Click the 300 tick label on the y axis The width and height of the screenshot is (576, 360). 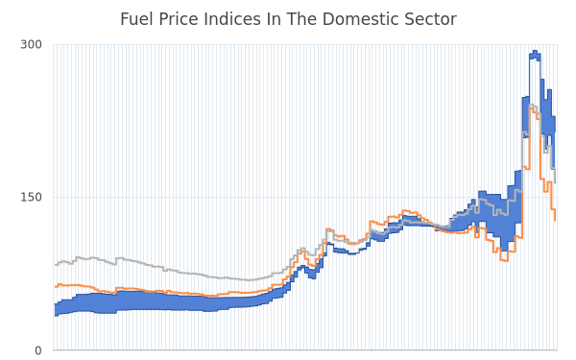pos(32,45)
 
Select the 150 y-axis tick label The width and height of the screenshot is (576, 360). pos(32,198)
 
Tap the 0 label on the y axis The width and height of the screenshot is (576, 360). pos(38,350)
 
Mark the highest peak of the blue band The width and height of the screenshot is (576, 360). pos(535,51)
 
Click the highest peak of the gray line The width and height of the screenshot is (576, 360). pos(531,105)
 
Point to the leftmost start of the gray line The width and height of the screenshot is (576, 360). pos(56,265)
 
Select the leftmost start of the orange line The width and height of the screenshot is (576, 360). pos(56,286)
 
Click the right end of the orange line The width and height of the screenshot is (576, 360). pos(555,220)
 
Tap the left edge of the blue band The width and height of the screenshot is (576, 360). pos(55,310)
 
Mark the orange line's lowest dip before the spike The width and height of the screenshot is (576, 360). pos(504,260)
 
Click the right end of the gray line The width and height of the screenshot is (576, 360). pos(555,182)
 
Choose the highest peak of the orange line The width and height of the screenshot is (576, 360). pos(531,108)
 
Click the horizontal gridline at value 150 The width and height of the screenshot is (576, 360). pos(305,198)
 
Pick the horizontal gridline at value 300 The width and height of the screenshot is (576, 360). pos(305,45)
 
